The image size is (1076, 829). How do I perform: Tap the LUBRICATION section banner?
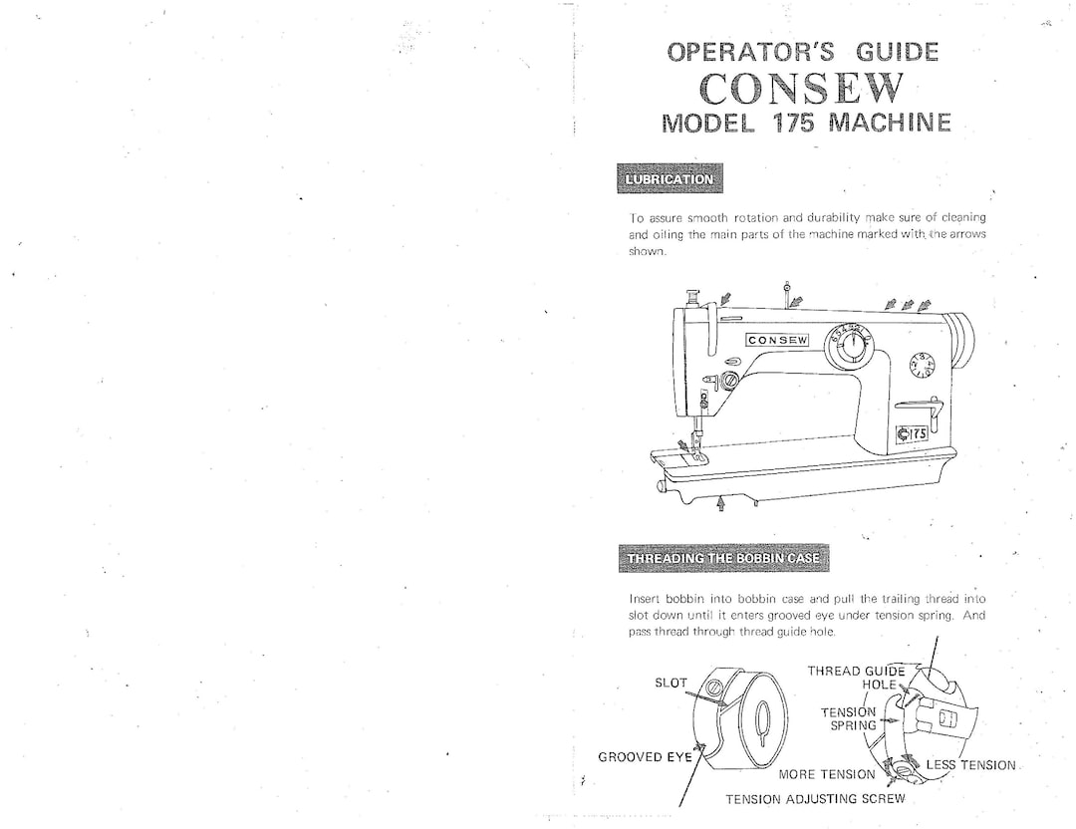coord(670,179)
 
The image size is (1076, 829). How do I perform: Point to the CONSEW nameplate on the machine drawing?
coord(778,340)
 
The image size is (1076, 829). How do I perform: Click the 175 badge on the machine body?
coord(912,433)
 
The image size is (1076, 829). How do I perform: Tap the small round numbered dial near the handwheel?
coord(922,366)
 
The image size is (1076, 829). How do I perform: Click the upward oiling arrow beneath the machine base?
coord(721,505)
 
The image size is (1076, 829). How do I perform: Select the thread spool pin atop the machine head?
coord(787,291)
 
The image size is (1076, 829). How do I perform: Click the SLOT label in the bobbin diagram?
coord(671,683)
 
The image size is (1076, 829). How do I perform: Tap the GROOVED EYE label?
coord(645,756)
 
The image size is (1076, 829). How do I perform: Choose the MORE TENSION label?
coord(827,774)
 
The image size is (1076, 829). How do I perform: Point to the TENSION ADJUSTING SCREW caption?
coord(815,799)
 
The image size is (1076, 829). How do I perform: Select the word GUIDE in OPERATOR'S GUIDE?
coord(896,52)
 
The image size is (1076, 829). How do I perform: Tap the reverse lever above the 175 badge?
coord(920,404)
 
